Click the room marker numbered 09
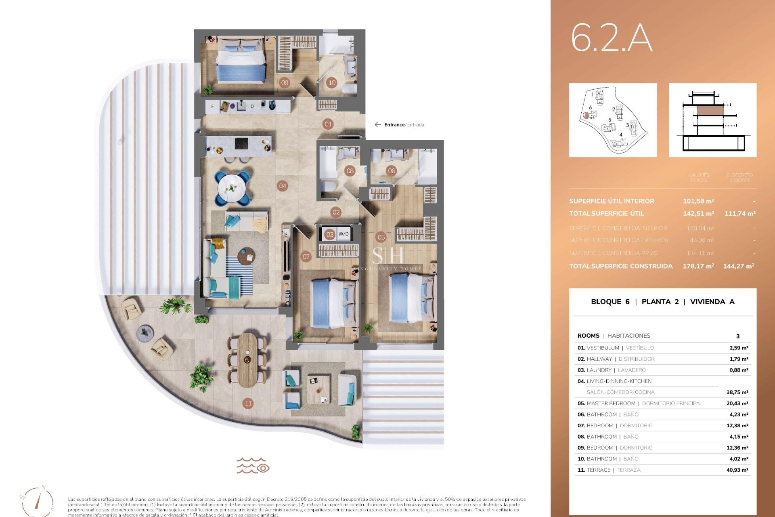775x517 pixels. pos(285,83)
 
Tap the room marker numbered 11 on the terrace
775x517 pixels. pos(248,403)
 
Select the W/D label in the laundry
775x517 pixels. pos(344,234)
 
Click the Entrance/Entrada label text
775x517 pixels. pos(404,125)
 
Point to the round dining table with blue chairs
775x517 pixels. pos(232,188)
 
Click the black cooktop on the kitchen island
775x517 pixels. pos(242,143)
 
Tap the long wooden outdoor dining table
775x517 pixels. pos(247,359)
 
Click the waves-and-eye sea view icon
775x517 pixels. pos(253,465)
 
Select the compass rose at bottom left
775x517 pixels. pos(38,501)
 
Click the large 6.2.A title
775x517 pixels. pos(611,38)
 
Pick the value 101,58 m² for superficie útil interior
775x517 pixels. pos(698,201)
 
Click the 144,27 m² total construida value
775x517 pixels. pos(739,266)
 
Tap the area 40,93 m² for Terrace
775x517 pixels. pos(737,470)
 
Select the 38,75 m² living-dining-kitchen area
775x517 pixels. pos(737,392)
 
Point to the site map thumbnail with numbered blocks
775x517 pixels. pos(613,120)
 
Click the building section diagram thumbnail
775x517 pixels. pos(712,120)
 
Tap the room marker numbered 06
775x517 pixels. pos(391,171)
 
